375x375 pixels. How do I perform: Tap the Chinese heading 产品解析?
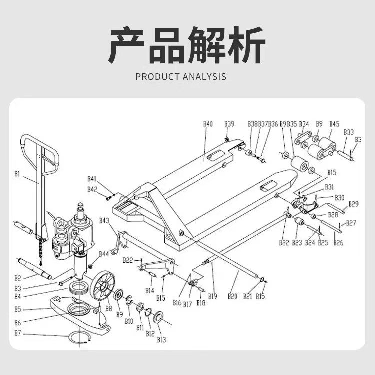click(x=187, y=46)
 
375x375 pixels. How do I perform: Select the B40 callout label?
click(x=208, y=124)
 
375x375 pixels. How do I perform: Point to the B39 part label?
click(x=229, y=124)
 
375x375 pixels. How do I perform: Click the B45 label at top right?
click(x=334, y=124)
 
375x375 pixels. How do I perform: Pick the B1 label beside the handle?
click(x=17, y=174)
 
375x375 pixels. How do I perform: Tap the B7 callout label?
click(x=18, y=333)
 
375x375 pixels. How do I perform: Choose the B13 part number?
click(x=161, y=340)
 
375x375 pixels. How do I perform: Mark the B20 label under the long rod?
click(x=233, y=296)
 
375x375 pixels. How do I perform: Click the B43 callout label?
click(x=104, y=220)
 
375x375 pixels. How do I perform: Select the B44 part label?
click(x=103, y=254)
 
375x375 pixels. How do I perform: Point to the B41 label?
click(x=92, y=178)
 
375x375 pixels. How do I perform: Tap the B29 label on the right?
click(x=353, y=204)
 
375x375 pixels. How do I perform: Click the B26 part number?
click(x=338, y=243)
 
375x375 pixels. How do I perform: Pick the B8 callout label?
click(x=108, y=309)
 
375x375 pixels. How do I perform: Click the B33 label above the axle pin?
click(x=348, y=132)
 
